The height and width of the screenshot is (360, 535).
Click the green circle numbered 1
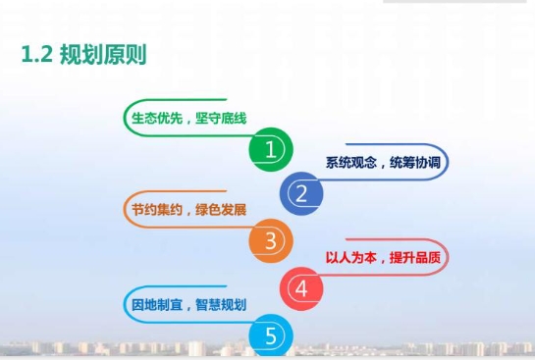point(271,149)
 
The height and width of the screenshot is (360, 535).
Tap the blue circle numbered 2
point(301,193)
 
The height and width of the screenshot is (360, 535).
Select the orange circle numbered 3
point(271,240)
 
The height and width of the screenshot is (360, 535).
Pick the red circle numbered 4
point(301,288)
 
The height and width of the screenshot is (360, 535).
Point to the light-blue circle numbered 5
point(271,335)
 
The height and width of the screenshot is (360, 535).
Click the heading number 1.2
point(37,55)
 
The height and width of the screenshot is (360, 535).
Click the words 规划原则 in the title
point(103,55)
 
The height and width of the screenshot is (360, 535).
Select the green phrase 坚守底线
point(221,119)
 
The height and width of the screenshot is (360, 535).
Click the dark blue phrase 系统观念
point(351,163)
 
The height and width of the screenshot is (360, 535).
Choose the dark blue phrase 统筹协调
point(415,163)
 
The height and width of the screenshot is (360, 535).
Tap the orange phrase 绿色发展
point(221,210)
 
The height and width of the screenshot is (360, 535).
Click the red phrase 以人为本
point(351,257)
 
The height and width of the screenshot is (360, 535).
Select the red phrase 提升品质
point(415,257)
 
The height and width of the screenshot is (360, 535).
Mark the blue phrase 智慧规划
point(221,304)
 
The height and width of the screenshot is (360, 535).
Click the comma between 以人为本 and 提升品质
point(382,261)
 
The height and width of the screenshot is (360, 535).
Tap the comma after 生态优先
point(188,122)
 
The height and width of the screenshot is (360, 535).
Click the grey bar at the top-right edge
point(455,1)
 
